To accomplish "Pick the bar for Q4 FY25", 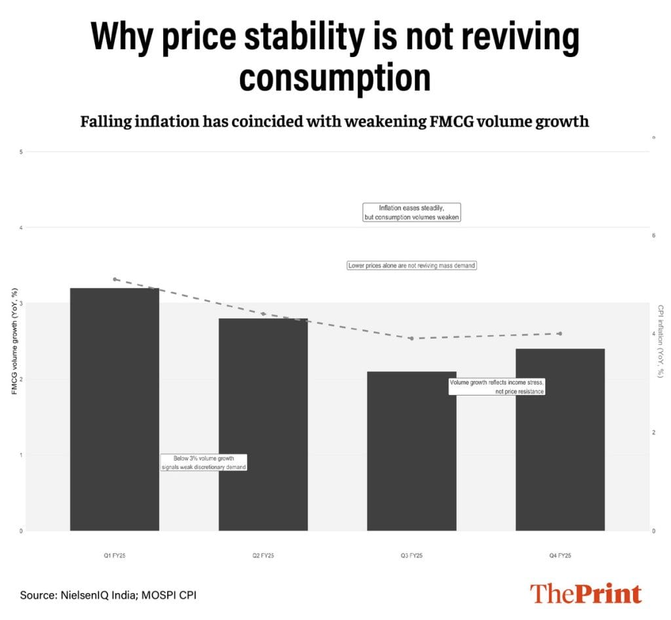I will click(x=560, y=440).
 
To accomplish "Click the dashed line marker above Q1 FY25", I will click(x=115, y=279).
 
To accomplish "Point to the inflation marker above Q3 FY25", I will click(x=412, y=339).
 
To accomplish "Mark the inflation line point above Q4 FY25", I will click(x=560, y=333).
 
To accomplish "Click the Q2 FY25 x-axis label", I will click(x=263, y=556).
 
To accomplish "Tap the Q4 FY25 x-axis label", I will click(x=560, y=556).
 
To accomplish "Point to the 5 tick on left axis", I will click(x=21, y=152).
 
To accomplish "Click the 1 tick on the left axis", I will click(x=21, y=455).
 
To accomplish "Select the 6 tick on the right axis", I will click(x=653, y=235).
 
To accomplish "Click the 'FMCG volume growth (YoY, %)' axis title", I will click(x=14, y=341).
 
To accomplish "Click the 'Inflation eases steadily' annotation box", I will click(x=412, y=212).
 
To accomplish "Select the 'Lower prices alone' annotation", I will click(x=412, y=266).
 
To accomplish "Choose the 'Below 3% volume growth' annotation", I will click(x=204, y=462).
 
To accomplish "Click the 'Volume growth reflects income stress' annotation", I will click(x=497, y=386).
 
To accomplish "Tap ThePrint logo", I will click(x=585, y=593).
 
